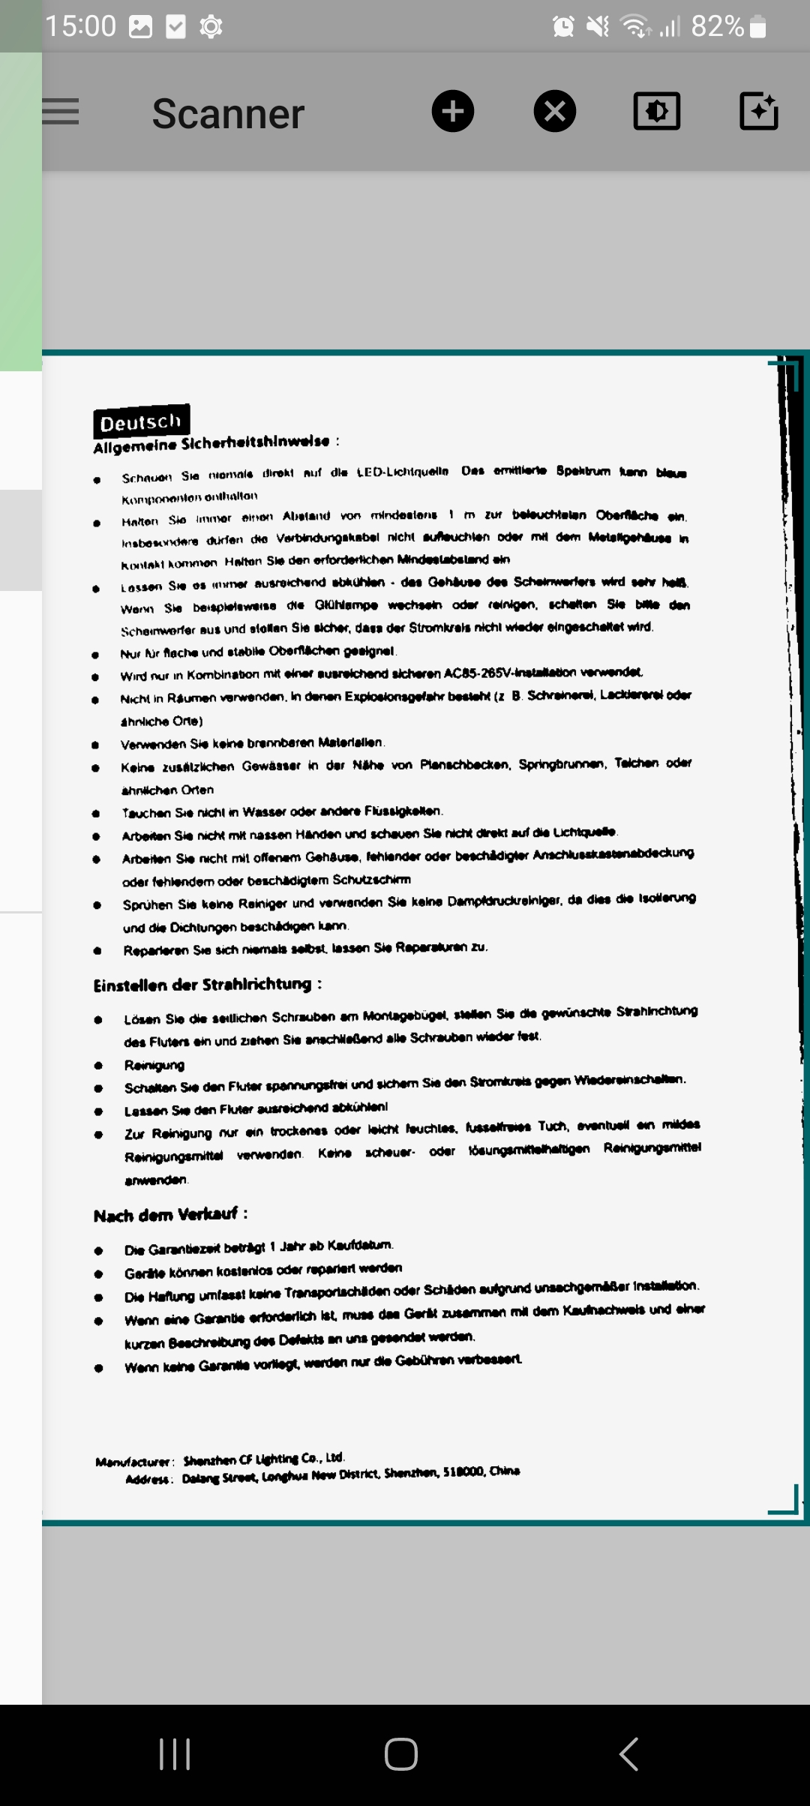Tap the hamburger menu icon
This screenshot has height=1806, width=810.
[60, 112]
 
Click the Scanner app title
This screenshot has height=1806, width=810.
[228, 114]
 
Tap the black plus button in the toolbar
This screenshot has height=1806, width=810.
[453, 112]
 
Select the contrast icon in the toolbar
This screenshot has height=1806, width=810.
[656, 112]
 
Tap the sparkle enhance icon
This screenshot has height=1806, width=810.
[758, 112]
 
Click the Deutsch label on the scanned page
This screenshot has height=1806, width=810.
[141, 421]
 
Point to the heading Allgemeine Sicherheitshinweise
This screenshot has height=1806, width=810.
[211, 443]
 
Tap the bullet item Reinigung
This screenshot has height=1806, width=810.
[154, 1065]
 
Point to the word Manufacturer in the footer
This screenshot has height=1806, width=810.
[134, 1461]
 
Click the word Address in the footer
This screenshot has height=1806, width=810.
[149, 1479]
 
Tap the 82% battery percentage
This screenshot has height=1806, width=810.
[717, 27]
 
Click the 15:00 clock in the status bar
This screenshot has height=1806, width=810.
[80, 27]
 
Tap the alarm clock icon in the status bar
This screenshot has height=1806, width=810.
[563, 27]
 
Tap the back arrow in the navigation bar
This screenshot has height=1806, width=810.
[628, 1754]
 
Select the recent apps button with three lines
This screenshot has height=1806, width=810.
[175, 1754]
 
